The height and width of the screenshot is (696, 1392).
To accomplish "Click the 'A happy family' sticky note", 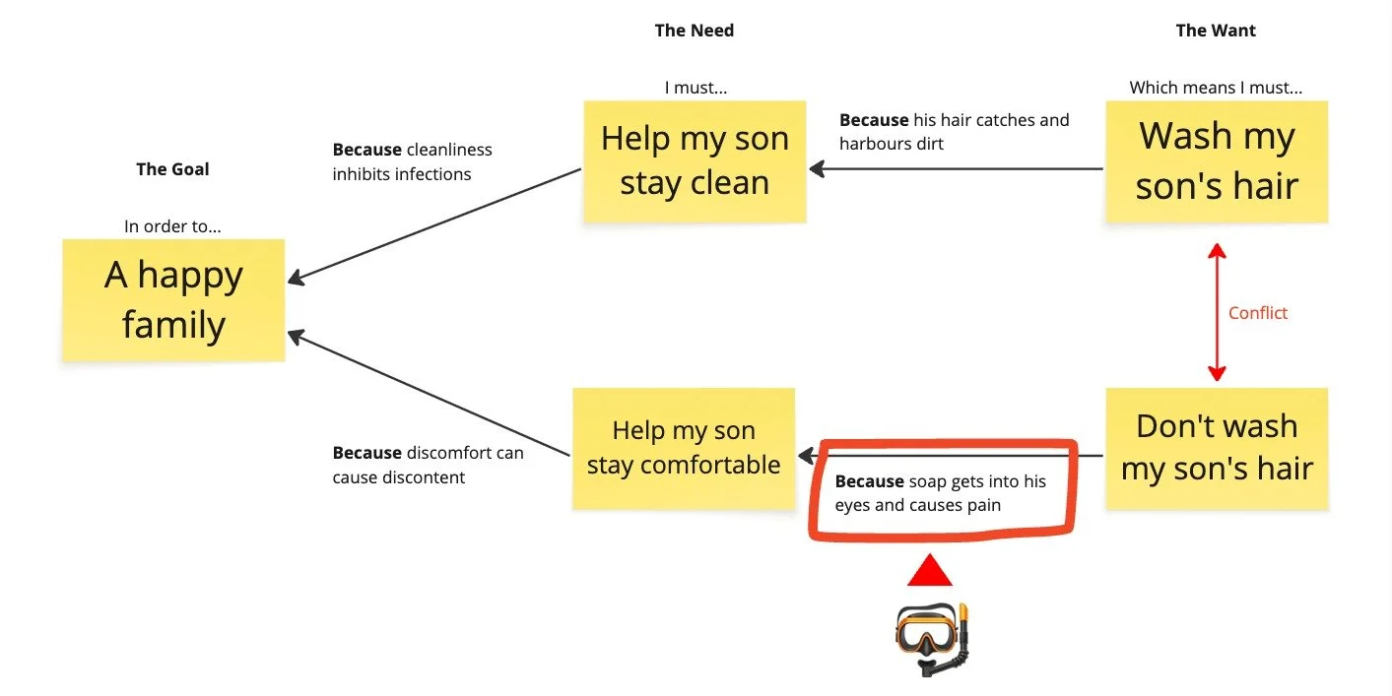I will click(x=173, y=299).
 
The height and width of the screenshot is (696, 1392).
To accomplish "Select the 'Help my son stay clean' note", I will click(x=695, y=160).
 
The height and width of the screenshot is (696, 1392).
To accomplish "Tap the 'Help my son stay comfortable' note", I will click(x=684, y=448).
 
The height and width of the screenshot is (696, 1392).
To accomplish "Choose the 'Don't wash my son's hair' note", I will click(x=1216, y=448).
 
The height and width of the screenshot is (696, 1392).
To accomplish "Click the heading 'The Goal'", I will click(x=172, y=169).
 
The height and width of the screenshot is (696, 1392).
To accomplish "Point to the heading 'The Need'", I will click(x=694, y=31).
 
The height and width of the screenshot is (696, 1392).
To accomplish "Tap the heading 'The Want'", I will click(x=1216, y=31).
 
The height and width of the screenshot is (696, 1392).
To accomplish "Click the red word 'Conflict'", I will click(x=1258, y=313).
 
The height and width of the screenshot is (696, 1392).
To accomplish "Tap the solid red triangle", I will click(x=930, y=571).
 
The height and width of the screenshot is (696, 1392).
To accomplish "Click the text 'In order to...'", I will click(x=172, y=226).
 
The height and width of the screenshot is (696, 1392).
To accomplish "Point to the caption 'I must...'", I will click(x=696, y=88).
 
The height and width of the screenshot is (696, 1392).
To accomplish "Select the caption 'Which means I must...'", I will click(x=1216, y=88).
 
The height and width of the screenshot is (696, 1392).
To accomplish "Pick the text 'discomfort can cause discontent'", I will click(x=428, y=465).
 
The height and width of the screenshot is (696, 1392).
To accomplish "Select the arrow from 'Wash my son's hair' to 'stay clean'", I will click(x=956, y=168).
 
